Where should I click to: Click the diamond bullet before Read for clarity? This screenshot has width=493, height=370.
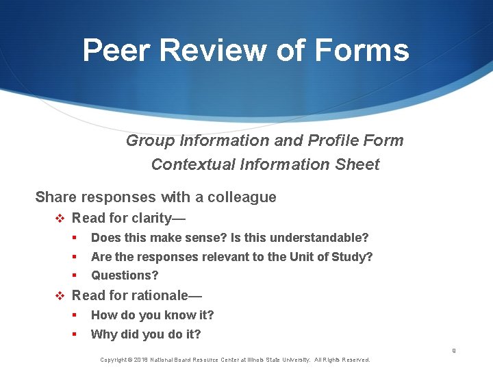(59, 219)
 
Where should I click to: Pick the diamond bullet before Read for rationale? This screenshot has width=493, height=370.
(59, 296)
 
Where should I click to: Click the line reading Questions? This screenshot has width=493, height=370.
(125, 275)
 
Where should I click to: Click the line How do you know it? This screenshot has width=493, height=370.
(152, 315)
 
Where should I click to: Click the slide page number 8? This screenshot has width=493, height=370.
(453, 351)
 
